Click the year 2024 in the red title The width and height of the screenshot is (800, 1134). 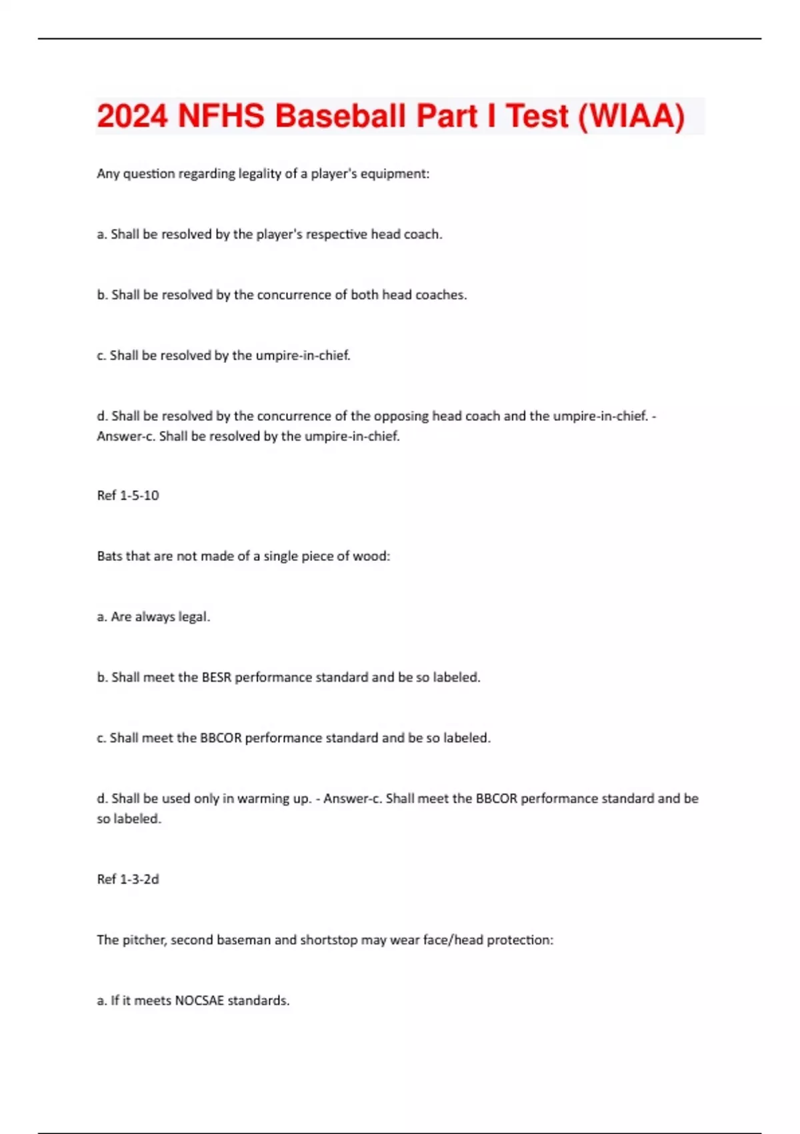[132, 116]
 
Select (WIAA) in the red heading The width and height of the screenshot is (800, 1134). [631, 116]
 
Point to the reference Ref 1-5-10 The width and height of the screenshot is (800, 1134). [128, 496]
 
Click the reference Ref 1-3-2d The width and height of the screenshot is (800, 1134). [128, 879]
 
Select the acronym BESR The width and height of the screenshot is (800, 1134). [217, 677]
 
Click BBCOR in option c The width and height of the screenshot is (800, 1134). [221, 738]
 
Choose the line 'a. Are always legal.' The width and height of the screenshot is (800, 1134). [153, 617]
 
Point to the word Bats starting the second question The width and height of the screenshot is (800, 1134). [109, 556]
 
